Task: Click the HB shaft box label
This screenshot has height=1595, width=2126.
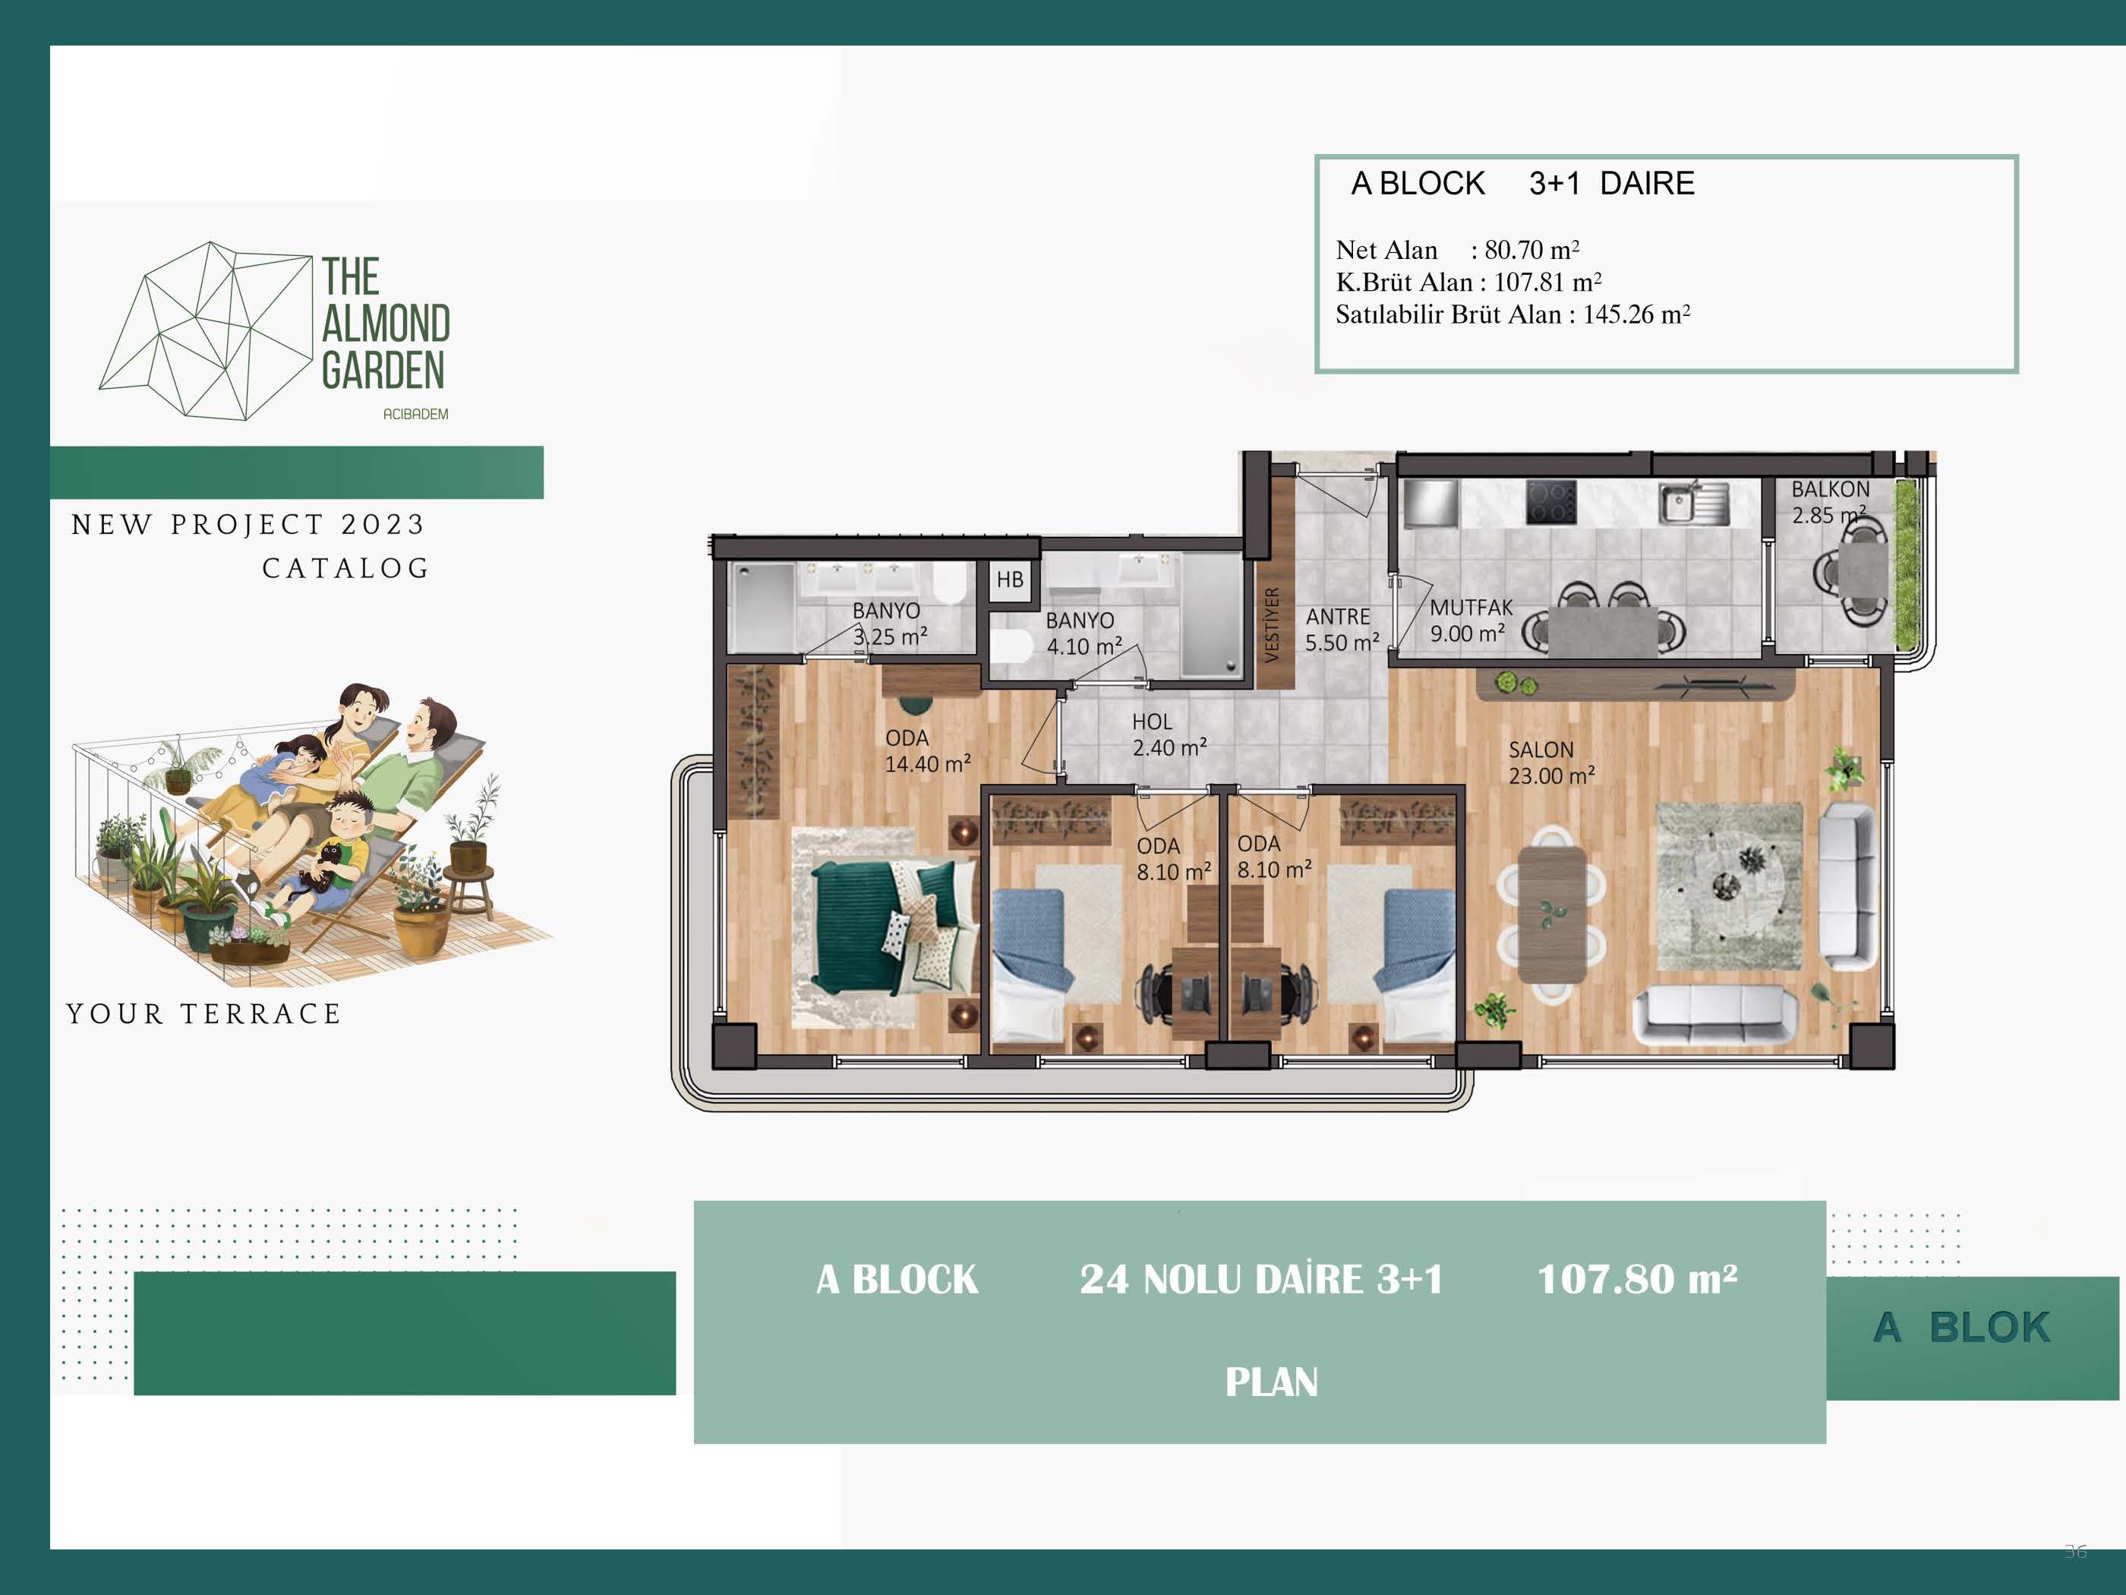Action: pyautogui.click(x=1009, y=580)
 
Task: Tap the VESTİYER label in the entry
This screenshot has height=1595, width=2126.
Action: pyautogui.click(x=1272, y=624)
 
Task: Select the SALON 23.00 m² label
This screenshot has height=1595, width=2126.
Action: pyautogui.click(x=1550, y=763)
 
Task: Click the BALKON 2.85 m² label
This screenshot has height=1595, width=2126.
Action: pyautogui.click(x=1830, y=502)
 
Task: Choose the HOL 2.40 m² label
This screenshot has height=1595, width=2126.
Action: pyautogui.click(x=1169, y=734)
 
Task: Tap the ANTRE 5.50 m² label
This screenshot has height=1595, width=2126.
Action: pyautogui.click(x=1342, y=629)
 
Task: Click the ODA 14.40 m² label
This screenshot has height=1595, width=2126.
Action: pyautogui.click(x=928, y=751)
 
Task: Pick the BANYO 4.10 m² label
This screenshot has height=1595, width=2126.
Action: pyautogui.click(x=1084, y=633)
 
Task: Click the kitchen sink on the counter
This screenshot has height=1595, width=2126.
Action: pyautogui.click(x=1692, y=503)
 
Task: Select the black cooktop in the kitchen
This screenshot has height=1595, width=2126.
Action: pyautogui.click(x=1550, y=501)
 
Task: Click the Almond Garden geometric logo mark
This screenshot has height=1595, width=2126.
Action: pyautogui.click(x=206, y=330)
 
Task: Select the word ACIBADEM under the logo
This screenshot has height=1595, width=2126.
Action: pyautogui.click(x=415, y=415)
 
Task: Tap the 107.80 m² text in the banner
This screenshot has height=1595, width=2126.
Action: pyautogui.click(x=1637, y=1279)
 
